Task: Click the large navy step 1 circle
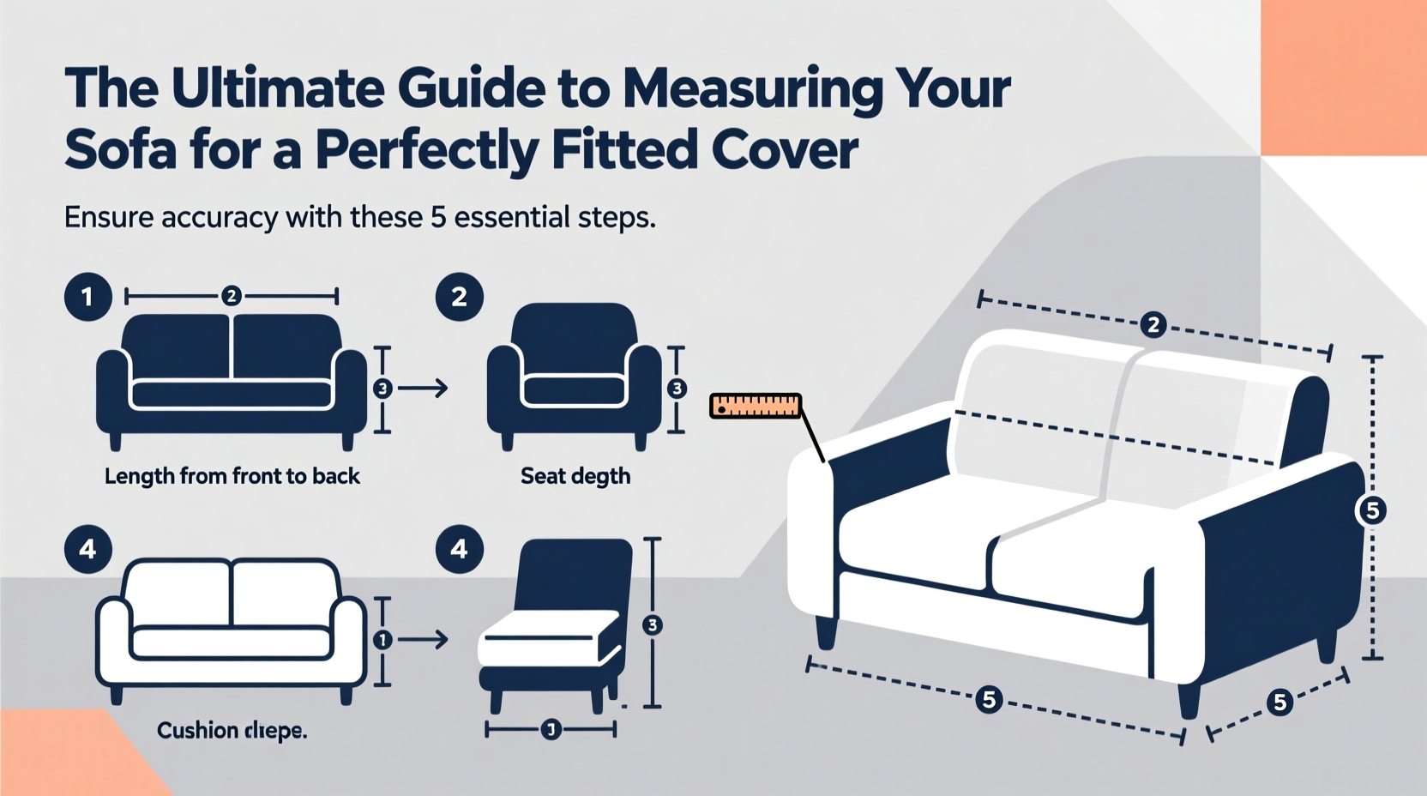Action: (87, 297)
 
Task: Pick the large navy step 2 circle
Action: (460, 297)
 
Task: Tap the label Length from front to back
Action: (232, 476)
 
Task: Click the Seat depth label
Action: (575, 476)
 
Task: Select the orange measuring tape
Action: (755, 406)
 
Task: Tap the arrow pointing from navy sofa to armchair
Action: (424, 389)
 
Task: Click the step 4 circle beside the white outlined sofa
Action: (87, 549)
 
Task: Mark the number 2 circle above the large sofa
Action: (1153, 325)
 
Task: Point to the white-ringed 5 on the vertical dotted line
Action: (1372, 510)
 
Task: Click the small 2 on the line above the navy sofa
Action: (231, 296)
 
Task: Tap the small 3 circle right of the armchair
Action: (677, 389)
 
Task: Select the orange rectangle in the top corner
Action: (1343, 77)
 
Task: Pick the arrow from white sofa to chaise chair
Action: (424, 639)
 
